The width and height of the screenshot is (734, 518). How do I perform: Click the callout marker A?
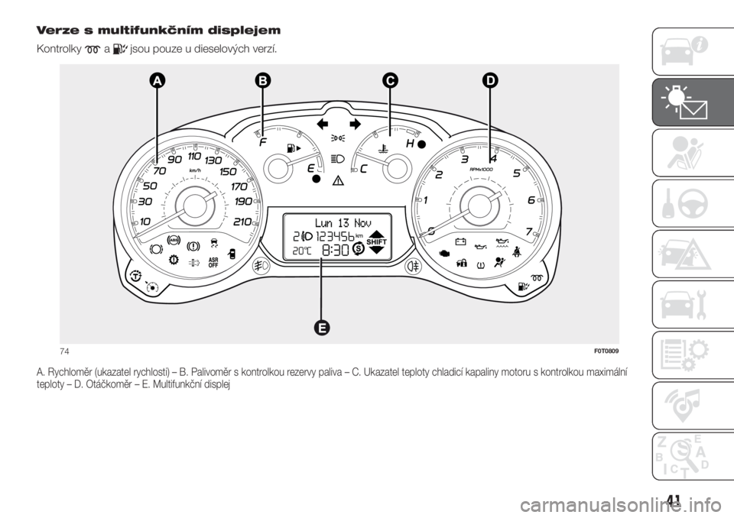[x=158, y=81]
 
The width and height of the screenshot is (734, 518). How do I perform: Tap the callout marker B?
[x=263, y=80]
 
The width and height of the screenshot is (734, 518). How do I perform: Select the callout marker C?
[x=389, y=80]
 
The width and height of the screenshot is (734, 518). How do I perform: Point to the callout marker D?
[x=490, y=80]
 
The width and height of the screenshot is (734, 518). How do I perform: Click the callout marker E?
[x=321, y=328]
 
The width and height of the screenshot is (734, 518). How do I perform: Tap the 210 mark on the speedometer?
[x=242, y=222]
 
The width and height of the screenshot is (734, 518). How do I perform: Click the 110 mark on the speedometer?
[x=194, y=155]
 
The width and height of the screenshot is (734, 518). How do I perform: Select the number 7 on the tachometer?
[x=529, y=231]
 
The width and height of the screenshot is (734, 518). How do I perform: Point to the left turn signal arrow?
[x=323, y=124]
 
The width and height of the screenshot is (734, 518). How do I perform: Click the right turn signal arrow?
[x=356, y=124]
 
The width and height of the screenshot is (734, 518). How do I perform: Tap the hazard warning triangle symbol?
[x=338, y=180]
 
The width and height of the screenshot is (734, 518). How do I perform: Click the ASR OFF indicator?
[x=213, y=263]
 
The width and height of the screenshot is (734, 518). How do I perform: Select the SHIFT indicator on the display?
[x=376, y=242]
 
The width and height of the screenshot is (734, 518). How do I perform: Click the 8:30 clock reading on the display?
[x=336, y=251]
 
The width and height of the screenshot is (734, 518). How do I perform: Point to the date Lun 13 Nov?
[x=343, y=222]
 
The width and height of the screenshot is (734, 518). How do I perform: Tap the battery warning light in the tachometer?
[x=460, y=241]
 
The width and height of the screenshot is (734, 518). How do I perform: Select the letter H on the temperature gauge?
[x=411, y=143]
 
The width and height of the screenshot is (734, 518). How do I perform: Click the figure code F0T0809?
[x=606, y=351]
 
